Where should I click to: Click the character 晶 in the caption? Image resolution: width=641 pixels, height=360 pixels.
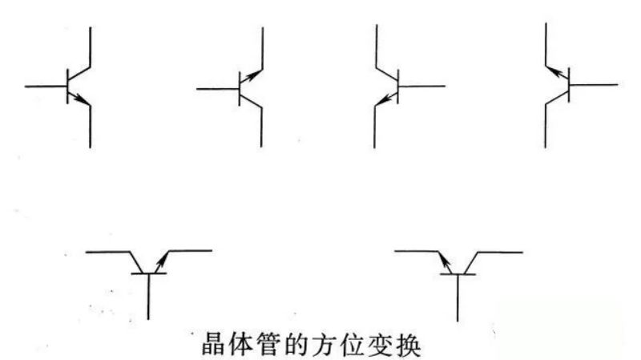pos(214,344)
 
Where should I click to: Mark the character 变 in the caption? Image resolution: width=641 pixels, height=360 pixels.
pos(381,344)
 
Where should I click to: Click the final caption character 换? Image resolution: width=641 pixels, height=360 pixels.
pos(409,344)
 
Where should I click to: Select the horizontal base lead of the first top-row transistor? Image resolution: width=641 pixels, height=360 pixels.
pos(46,87)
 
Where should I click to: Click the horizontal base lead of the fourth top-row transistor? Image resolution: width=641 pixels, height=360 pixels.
pos(594,85)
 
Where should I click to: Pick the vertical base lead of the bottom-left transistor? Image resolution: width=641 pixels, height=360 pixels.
pos(148,296)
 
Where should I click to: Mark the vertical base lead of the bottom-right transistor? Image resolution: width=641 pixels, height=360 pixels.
pos(458,297)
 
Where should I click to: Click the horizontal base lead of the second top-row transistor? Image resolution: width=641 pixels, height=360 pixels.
pos(218,89)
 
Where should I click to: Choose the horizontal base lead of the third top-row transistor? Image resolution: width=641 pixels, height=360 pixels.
pos(421,87)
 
